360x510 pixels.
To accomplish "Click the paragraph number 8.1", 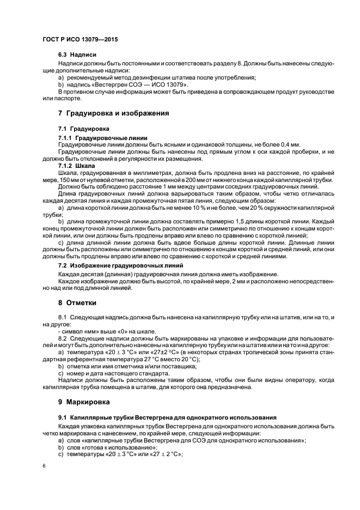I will pos(62,317).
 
